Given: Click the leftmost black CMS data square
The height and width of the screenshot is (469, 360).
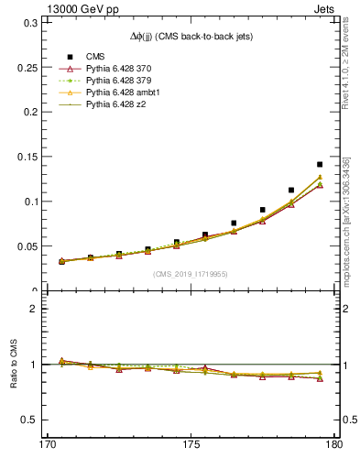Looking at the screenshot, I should [62, 261].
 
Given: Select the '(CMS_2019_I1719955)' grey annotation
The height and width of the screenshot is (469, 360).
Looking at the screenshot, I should [190, 273].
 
